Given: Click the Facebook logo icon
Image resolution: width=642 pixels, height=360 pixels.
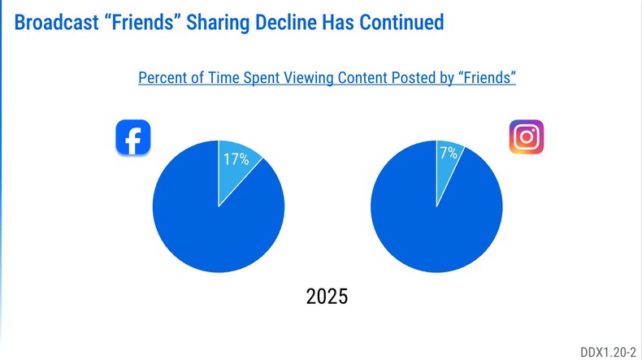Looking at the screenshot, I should pyautogui.click(x=133, y=137).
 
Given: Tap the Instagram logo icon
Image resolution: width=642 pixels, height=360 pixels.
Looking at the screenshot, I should pyautogui.click(x=526, y=137).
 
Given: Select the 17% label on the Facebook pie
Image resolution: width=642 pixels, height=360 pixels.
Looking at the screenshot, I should pyautogui.click(x=234, y=159).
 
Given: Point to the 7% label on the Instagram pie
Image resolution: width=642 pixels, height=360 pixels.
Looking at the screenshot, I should pyautogui.click(x=449, y=153).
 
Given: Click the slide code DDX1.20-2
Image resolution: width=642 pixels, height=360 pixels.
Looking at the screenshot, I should pyautogui.click(x=609, y=351).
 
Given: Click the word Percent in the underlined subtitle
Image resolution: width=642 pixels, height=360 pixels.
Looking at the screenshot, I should pyautogui.click(x=165, y=78).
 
